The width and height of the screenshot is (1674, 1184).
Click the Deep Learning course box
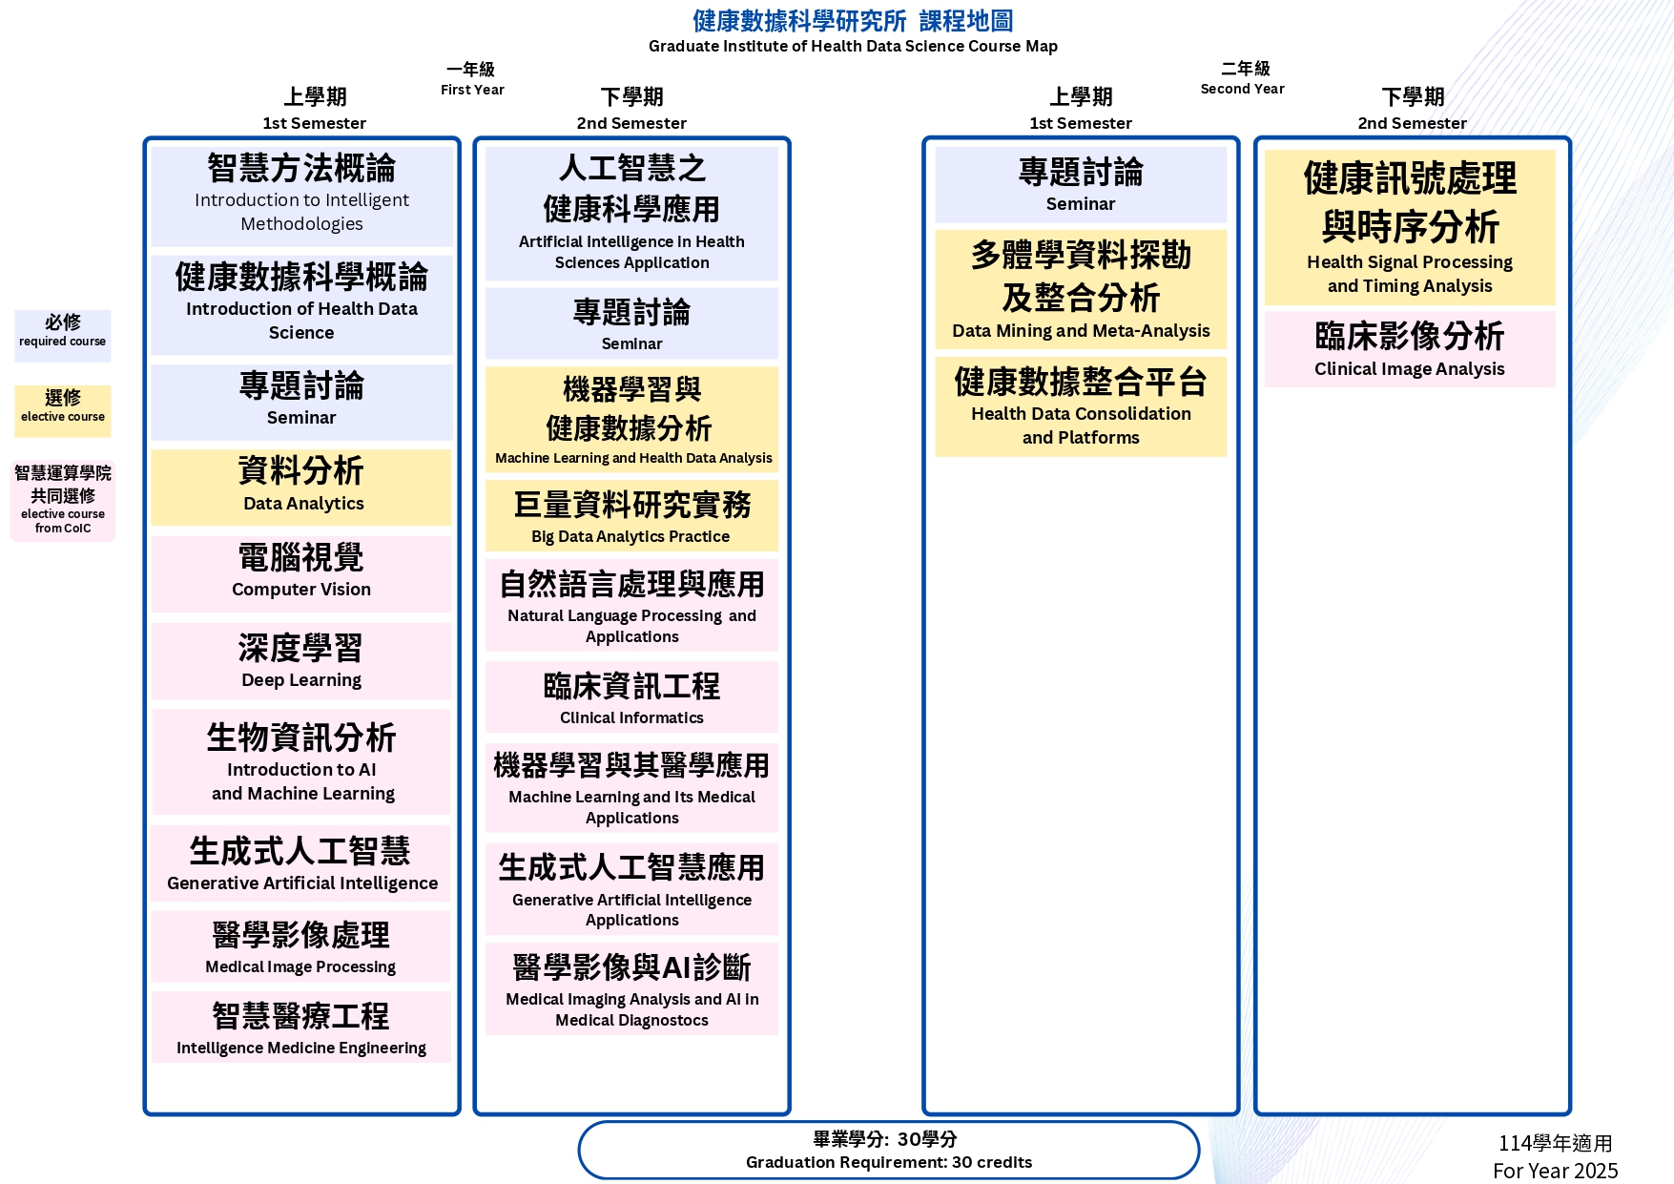pos(301,661)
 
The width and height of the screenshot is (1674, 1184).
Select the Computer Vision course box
pos(301,573)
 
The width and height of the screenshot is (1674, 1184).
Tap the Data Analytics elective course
pos(301,487)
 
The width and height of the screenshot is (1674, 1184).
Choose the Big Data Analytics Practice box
pos(631,515)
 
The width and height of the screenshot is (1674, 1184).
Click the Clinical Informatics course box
pos(631,697)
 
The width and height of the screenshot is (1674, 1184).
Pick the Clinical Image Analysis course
pos(1410,349)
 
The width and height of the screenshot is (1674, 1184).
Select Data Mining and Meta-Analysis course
pos(1081,290)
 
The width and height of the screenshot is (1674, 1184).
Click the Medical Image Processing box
pos(301,946)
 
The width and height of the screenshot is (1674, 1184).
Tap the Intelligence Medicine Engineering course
pos(301,1027)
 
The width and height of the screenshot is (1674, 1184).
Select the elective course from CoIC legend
pos(63,501)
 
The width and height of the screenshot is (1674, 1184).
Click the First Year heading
pos(472,78)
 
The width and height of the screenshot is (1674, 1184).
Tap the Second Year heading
pos(1243,78)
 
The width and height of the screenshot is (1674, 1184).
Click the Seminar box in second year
pos(1081,185)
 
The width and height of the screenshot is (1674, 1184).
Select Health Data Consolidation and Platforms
pos(1081,406)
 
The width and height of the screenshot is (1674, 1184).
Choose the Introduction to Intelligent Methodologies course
pos(301,196)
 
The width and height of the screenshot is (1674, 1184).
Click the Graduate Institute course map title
pos(853,31)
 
